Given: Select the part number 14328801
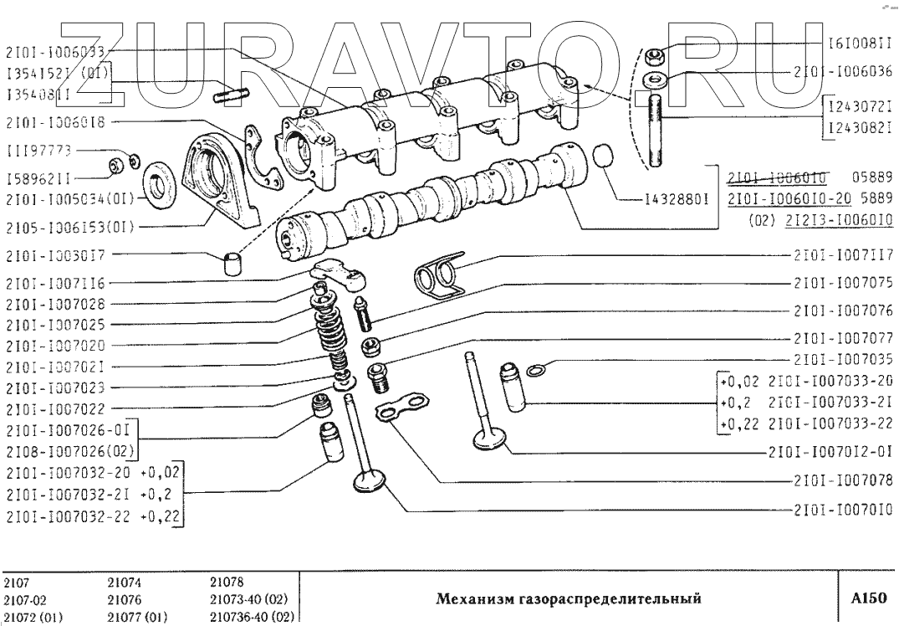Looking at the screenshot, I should (x=678, y=200).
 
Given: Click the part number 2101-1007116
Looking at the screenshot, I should (x=57, y=283).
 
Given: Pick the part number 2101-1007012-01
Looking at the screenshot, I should (x=832, y=453).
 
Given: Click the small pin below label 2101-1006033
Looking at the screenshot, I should (x=227, y=95).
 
